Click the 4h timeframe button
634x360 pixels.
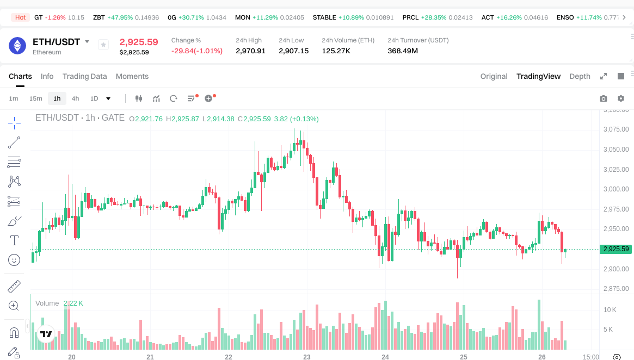(75, 98)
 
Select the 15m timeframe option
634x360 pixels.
(35, 98)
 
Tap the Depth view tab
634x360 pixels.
(580, 76)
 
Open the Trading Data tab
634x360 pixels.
(84, 76)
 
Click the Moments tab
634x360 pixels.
(132, 76)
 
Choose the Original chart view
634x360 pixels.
(494, 76)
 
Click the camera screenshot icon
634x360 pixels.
(603, 98)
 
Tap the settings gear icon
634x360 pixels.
(620, 98)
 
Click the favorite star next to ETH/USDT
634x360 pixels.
(103, 45)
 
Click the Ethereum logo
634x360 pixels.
(17, 46)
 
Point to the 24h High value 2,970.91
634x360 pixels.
(250, 51)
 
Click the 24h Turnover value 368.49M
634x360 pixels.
(403, 51)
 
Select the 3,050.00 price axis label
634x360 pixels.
(616, 150)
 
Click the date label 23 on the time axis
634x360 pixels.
(307, 357)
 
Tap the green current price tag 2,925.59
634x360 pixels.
(616, 249)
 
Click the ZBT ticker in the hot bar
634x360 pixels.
(99, 17)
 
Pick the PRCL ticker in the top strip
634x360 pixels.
(410, 17)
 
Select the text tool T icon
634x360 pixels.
(14, 240)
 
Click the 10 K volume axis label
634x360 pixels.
(610, 310)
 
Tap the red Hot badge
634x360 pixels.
(20, 17)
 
